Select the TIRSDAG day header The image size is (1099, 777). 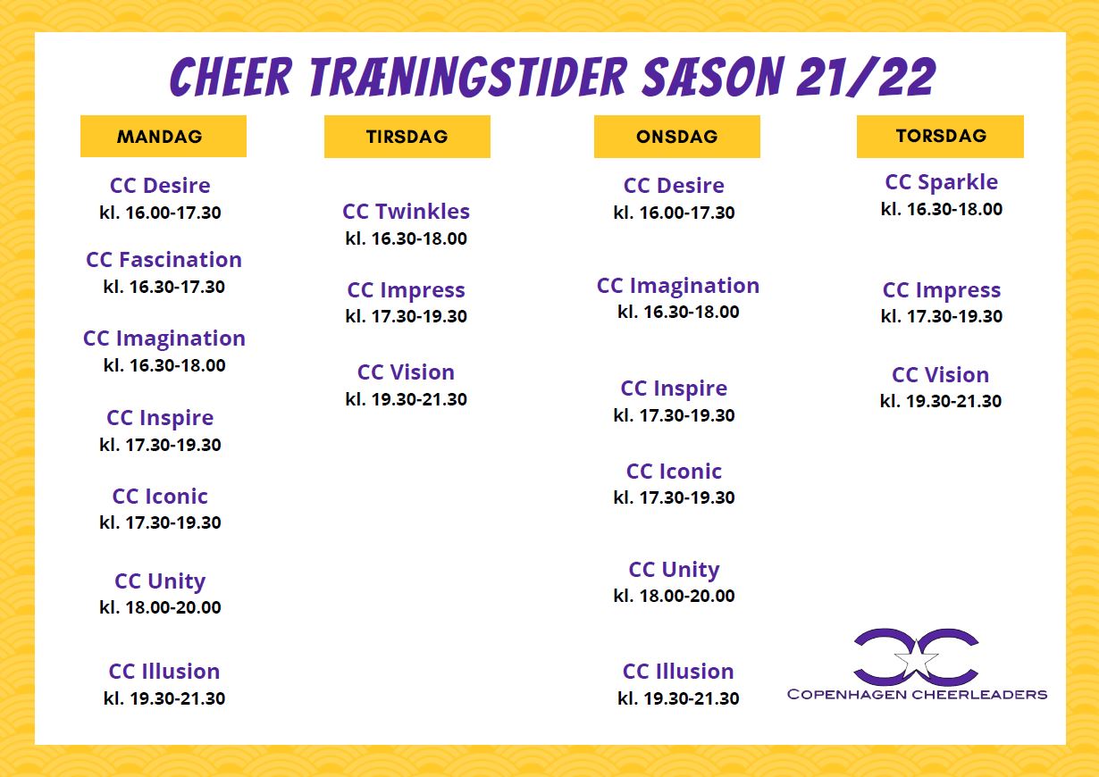pos(407,137)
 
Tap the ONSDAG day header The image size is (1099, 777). pos(677,137)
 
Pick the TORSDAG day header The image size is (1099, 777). pos(940,137)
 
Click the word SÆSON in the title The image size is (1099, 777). pos(715,77)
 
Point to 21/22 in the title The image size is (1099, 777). pos(867,77)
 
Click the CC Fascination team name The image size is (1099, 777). pos(164,260)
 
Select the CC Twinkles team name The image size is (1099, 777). pos(407,212)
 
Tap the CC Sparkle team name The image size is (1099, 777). pos(942,182)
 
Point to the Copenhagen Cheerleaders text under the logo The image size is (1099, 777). pos(917,695)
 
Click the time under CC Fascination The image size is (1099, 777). pos(164,287)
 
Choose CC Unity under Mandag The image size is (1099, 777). pos(160,581)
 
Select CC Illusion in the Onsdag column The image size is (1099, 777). pos(678,671)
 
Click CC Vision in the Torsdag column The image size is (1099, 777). pos(941,375)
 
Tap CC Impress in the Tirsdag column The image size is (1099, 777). pos(407,290)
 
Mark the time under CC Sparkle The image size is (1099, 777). pos(942,210)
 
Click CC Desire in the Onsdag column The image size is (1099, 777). pos(674,186)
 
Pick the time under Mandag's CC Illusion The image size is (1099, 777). pos(164,698)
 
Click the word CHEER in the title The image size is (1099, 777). pos(231,77)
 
